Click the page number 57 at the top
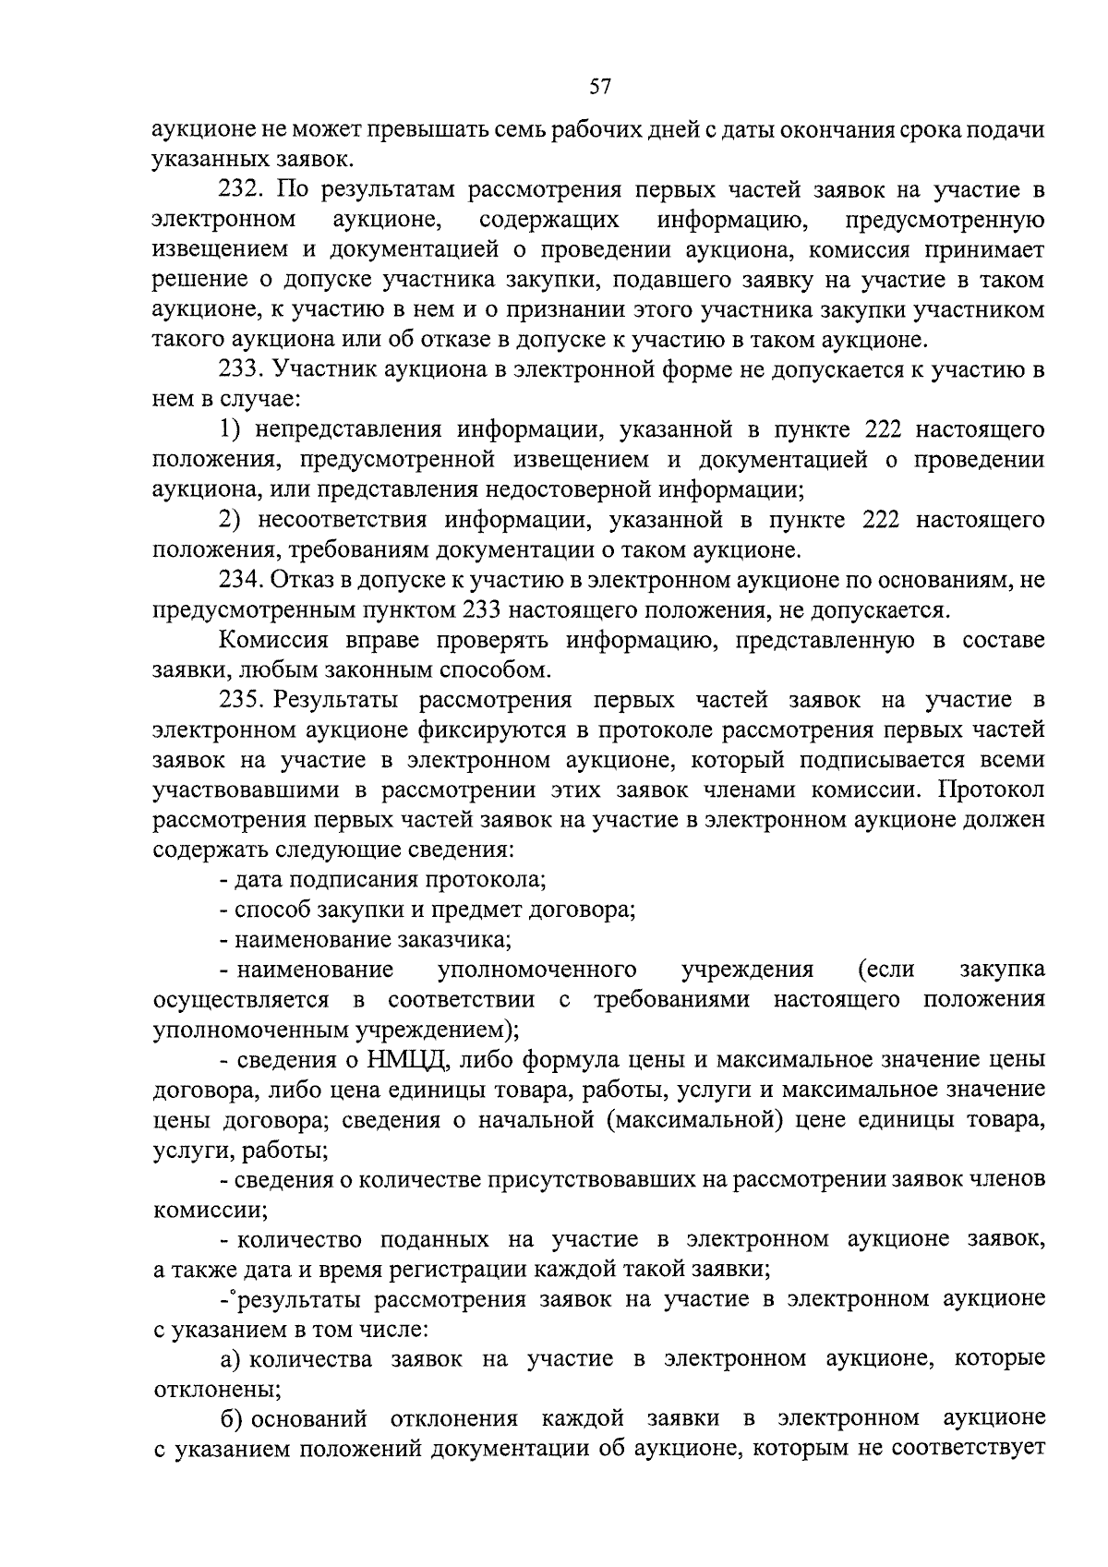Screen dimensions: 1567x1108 point(600,88)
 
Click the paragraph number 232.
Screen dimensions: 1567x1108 point(242,190)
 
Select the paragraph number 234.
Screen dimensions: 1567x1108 point(242,580)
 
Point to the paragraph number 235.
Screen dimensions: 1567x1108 point(242,700)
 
